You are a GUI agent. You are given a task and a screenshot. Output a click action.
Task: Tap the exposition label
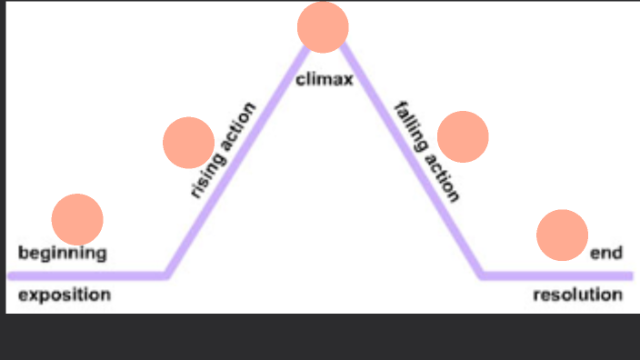pyautogui.click(x=65, y=295)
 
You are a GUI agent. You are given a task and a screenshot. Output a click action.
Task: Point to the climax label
pyautogui.click(x=324, y=80)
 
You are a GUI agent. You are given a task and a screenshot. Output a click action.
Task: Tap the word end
pyautogui.click(x=605, y=254)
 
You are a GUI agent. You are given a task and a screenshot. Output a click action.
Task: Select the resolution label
pyautogui.click(x=577, y=295)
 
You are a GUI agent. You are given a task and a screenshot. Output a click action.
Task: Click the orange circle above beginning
pyautogui.click(x=77, y=219)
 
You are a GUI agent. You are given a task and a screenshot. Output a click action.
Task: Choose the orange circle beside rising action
pyautogui.click(x=188, y=143)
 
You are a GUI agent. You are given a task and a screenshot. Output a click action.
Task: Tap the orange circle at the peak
pyautogui.click(x=323, y=26)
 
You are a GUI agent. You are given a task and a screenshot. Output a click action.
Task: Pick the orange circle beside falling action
pyautogui.click(x=463, y=136)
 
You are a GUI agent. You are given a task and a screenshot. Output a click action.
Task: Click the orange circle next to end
pyautogui.click(x=562, y=235)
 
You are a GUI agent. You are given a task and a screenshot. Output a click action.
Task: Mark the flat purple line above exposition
pyautogui.click(x=86, y=275)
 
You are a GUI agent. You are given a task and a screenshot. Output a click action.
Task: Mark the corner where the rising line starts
pyautogui.click(x=166, y=274)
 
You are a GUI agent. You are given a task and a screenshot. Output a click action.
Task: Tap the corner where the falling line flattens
pyautogui.click(x=483, y=274)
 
